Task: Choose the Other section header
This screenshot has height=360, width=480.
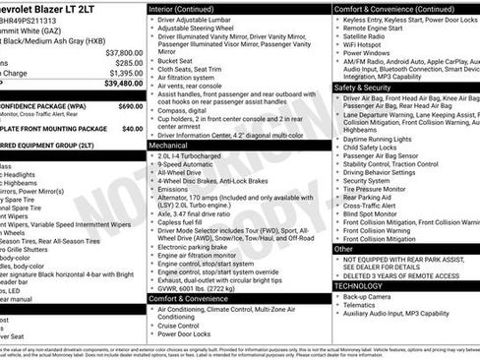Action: [343, 248]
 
